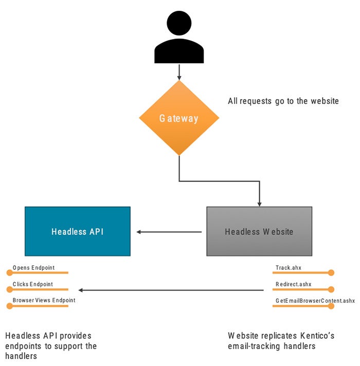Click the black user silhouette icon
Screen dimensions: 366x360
pyautogui.click(x=179, y=39)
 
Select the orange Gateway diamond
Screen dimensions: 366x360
pyautogui.click(x=179, y=118)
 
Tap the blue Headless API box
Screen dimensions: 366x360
pyautogui.click(x=78, y=231)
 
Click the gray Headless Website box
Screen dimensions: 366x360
pyautogui.click(x=259, y=231)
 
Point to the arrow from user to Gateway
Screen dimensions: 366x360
pyautogui.click(x=179, y=71)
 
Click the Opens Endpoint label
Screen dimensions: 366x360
pyautogui.click(x=34, y=268)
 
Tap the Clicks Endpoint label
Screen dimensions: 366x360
pyautogui.click(x=33, y=284)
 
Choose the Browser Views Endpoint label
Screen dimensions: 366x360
pyautogui.click(x=44, y=300)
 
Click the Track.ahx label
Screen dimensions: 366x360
pyautogui.click(x=287, y=268)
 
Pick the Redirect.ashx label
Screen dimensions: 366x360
pyautogui.click(x=294, y=284)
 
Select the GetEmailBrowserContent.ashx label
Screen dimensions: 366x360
pyautogui.click(x=315, y=300)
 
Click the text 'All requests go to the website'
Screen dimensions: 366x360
pyautogui.click(x=283, y=101)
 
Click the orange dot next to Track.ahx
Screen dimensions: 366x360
pyautogui.click(x=331, y=272)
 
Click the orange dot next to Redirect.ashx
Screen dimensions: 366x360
pyautogui.click(x=331, y=289)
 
